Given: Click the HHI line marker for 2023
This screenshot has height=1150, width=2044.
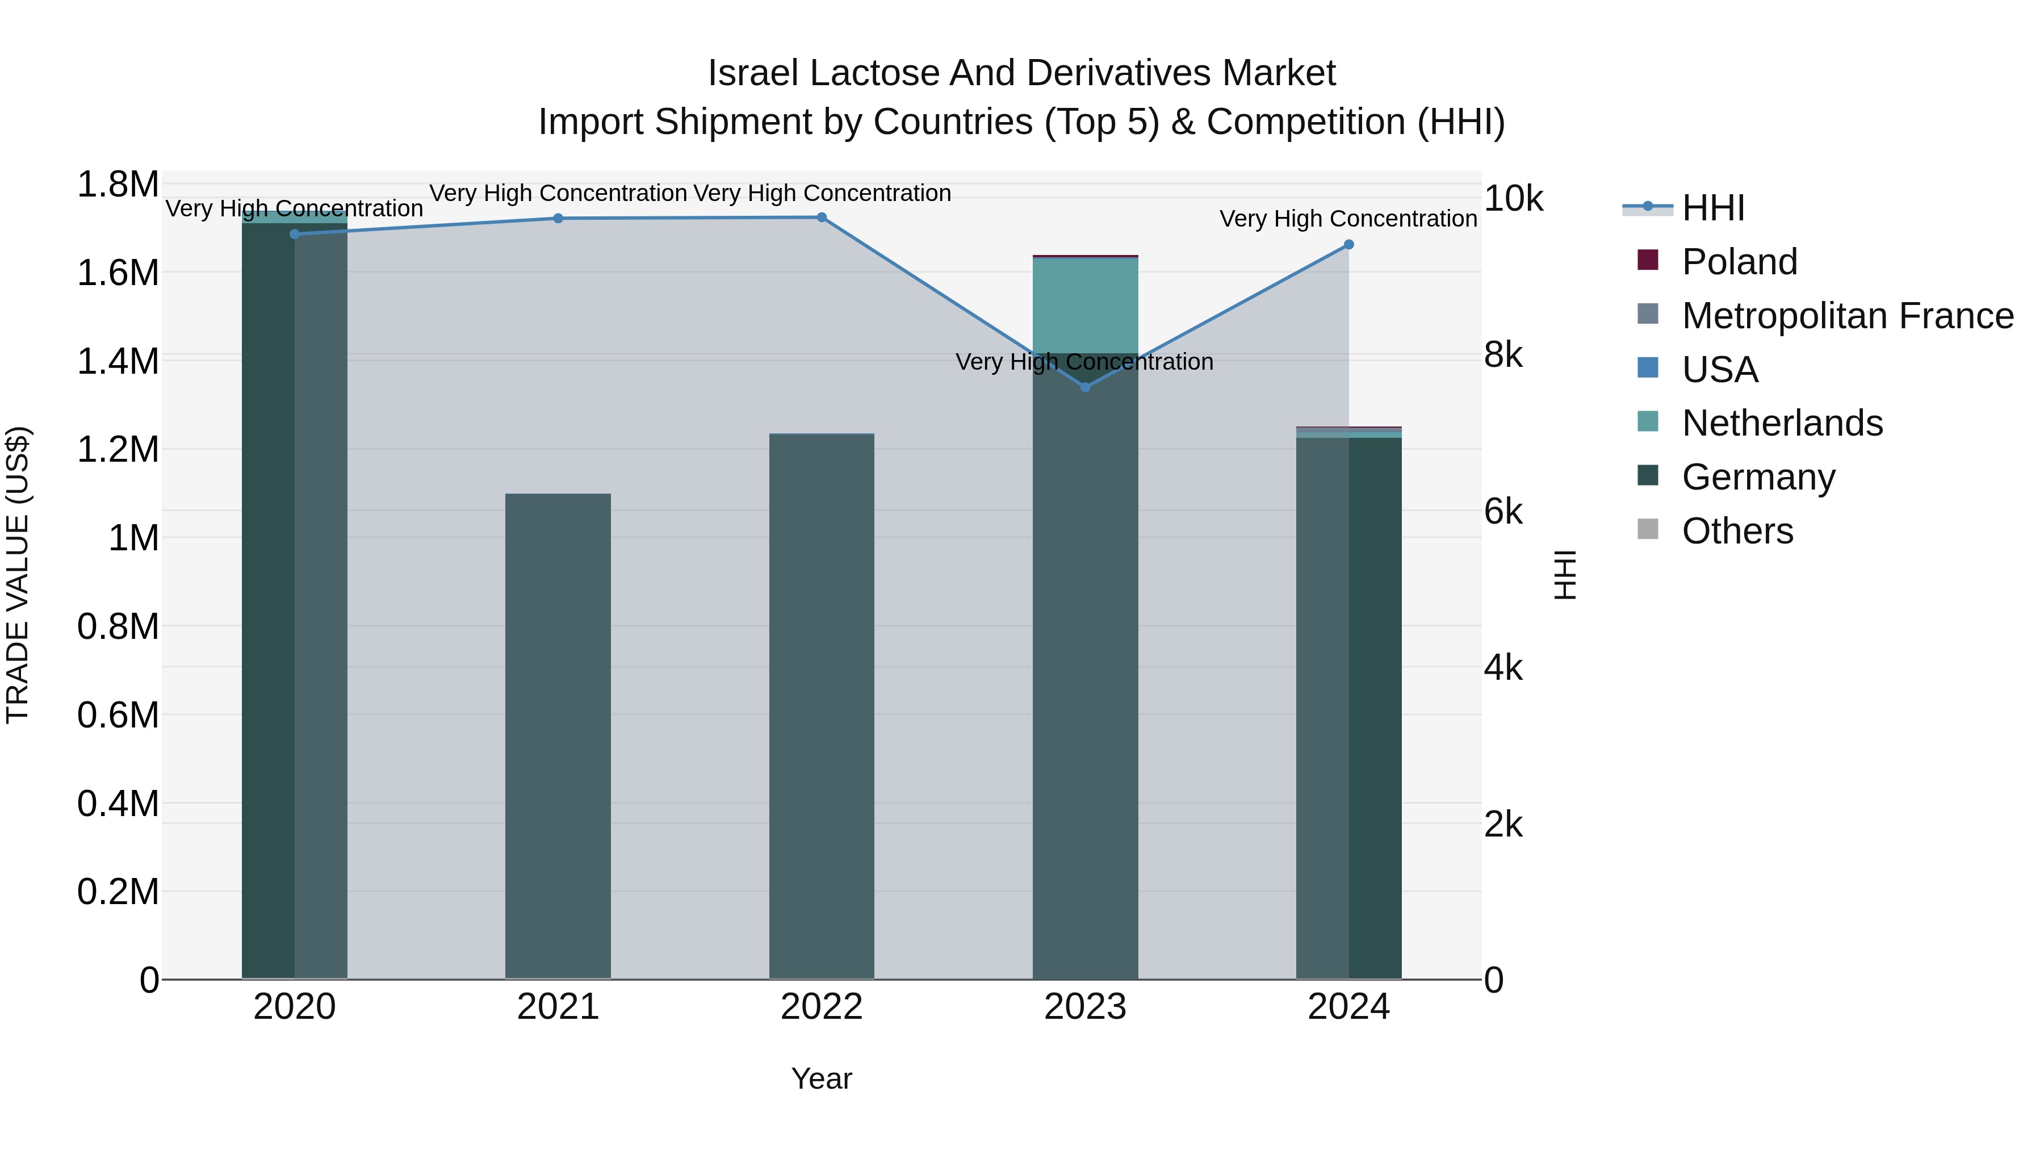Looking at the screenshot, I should coord(1086,387).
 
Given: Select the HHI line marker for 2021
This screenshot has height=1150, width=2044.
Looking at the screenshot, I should coord(558,218).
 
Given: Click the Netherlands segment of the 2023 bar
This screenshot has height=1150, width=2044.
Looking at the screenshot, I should coord(1086,306).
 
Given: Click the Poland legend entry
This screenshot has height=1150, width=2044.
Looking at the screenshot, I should coord(1739,262).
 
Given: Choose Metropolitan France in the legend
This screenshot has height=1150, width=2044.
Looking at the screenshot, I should coord(1847,316).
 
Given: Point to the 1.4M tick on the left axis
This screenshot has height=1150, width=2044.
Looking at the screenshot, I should coord(118,362).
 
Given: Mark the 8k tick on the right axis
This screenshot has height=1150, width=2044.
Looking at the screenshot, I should coord(1503,355).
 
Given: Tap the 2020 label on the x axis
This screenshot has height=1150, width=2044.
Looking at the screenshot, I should coord(294,1007).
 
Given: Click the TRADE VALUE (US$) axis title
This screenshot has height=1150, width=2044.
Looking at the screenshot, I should coord(18,575).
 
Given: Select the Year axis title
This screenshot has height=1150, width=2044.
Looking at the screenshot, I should coord(821,1078).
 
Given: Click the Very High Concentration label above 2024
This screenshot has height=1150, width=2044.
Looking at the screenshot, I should coord(1347,218).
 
